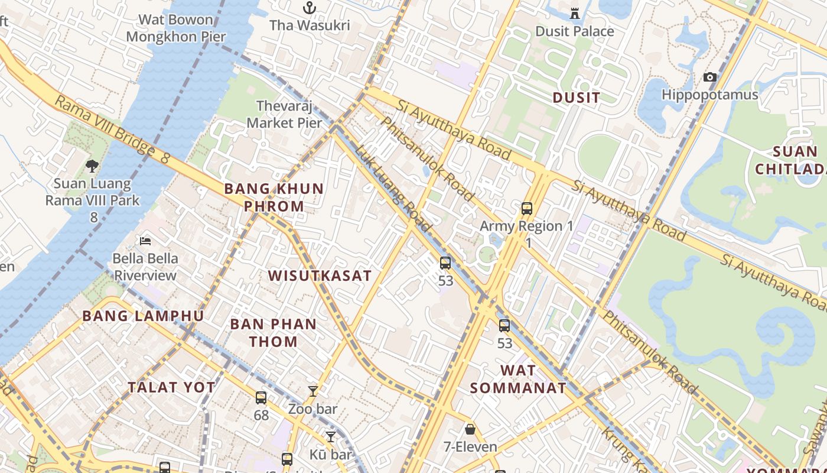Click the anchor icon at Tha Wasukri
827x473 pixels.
point(309,8)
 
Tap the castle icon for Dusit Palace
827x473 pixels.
point(574,13)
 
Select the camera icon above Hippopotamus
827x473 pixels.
point(710,77)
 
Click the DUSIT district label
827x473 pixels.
point(576,98)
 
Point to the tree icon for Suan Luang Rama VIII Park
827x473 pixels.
point(92,166)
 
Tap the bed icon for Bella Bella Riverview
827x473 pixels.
point(145,241)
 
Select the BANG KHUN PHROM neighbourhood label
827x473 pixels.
point(274,197)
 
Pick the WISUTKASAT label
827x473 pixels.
point(320,276)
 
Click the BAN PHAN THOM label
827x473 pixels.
point(273,332)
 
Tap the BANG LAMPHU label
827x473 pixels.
point(143,316)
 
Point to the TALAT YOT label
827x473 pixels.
point(172,387)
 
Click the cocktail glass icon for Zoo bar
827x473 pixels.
point(313,391)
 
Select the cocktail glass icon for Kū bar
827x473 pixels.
point(331,436)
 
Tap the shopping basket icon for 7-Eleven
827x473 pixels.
point(470,429)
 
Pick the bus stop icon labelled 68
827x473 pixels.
point(261,398)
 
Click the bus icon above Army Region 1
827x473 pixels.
point(527,208)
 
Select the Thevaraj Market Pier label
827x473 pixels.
point(285,114)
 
